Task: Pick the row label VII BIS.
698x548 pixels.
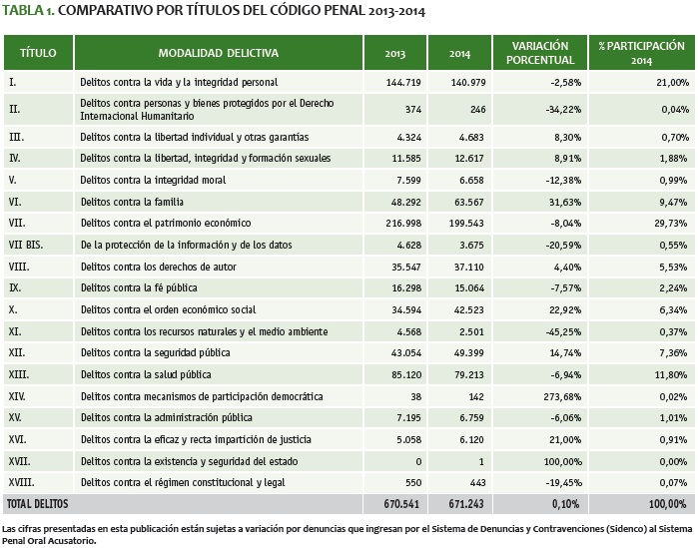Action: (27, 245)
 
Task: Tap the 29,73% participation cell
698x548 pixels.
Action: (668, 223)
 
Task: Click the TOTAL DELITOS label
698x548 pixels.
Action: (34, 505)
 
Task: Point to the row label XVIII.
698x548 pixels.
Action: (22, 483)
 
